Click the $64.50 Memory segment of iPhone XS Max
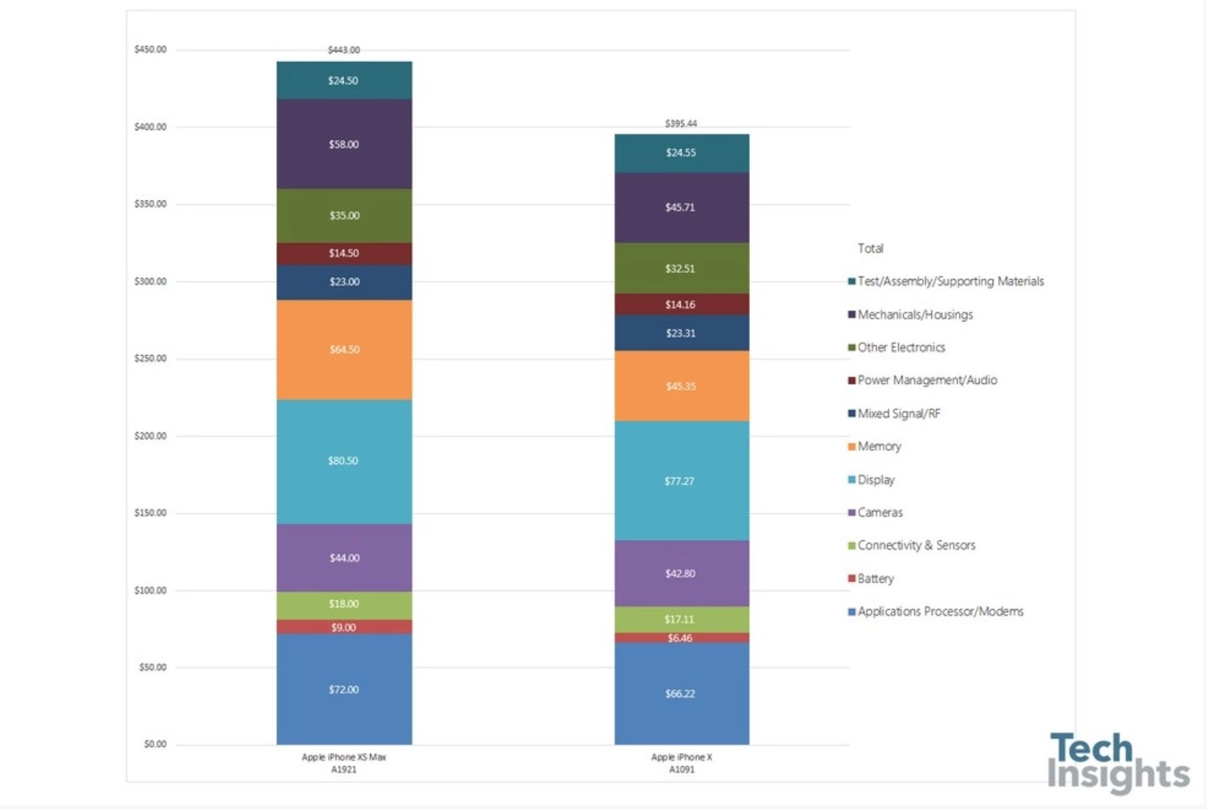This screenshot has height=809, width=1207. pos(344,350)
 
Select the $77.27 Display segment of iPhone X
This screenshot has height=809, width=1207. pos(681,481)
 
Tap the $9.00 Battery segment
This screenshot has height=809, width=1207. pos(344,628)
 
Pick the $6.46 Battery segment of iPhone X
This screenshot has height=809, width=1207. pos(681,638)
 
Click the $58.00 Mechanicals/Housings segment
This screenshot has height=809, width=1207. pos(344,145)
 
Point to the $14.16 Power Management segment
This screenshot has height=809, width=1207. pos(681,305)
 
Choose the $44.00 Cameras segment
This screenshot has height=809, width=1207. pos(344,558)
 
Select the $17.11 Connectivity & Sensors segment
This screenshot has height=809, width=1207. pos(681,620)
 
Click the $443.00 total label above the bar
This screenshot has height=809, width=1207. pos(344,50)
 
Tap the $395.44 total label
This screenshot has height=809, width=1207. pos(681,123)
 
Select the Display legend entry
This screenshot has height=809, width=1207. pos(875,480)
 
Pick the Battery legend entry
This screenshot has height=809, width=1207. pos(875,579)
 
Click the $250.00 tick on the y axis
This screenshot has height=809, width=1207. pos(150,359)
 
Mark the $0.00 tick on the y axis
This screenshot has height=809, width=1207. pos(155,744)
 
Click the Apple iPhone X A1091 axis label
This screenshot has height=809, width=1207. pos(681,763)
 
